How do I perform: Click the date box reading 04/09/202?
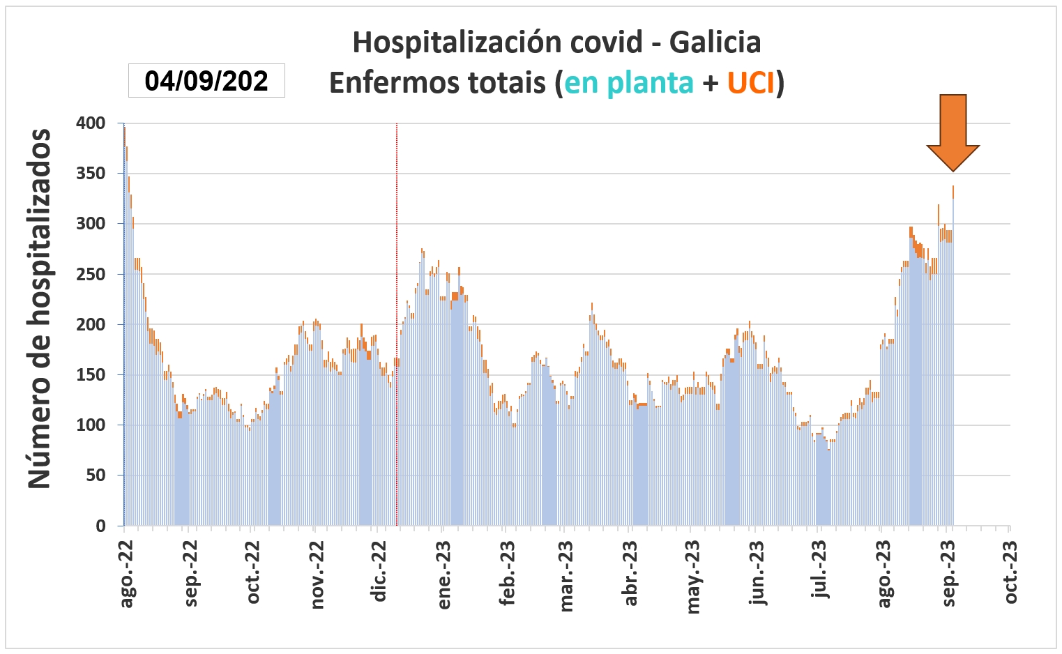(x=206, y=81)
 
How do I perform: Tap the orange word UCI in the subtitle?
(x=751, y=83)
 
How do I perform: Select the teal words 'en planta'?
(x=629, y=83)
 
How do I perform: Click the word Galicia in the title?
(x=715, y=43)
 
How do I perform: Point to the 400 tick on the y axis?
(x=91, y=123)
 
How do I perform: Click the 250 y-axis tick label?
(x=91, y=274)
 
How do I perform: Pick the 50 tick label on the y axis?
(x=95, y=476)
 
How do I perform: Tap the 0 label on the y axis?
(x=100, y=526)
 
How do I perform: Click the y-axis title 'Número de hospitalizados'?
(x=40, y=308)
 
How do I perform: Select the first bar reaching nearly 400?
(x=125, y=328)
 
